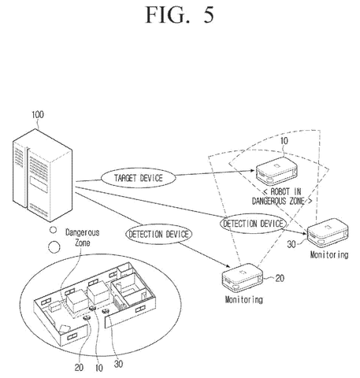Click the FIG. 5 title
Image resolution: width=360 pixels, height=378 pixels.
pyautogui.click(x=180, y=14)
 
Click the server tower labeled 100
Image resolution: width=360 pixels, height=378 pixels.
pyautogui.click(x=43, y=176)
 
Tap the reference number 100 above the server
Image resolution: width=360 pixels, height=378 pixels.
pyautogui.click(x=38, y=115)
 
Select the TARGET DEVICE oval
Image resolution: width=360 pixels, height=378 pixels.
pyautogui.click(x=139, y=178)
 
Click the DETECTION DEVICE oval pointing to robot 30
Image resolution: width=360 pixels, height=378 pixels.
pyautogui.click(x=253, y=224)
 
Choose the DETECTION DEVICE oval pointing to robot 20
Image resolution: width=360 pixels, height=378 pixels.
pyautogui.click(x=159, y=234)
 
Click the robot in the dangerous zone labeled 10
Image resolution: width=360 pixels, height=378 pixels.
pyautogui.click(x=276, y=170)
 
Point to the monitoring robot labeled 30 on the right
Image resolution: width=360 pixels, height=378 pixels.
pyautogui.click(x=328, y=232)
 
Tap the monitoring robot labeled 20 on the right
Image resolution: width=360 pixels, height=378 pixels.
pyautogui.click(x=243, y=277)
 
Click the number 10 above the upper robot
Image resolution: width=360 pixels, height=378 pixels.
pyautogui.click(x=284, y=141)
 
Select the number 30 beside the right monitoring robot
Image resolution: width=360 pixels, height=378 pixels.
pyautogui.click(x=291, y=244)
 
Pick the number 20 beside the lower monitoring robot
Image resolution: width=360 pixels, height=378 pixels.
pyautogui.click(x=280, y=278)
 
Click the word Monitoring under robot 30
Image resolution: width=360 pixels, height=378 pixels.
pyautogui.click(x=329, y=255)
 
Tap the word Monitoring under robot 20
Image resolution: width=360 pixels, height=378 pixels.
pyautogui.click(x=243, y=299)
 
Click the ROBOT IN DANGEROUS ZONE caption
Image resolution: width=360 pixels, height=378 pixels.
pyautogui.click(x=282, y=196)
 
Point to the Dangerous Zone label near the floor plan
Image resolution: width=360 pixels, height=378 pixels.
pyautogui.click(x=82, y=238)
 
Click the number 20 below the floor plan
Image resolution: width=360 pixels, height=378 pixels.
pyautogui.click(x=79, y=368)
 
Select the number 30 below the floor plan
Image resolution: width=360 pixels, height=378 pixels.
pyautogui.click(x=118, y=364)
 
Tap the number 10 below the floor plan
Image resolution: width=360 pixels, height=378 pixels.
pyautogui.click(x=99, y=368)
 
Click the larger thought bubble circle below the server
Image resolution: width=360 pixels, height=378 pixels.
pyautogui.click(x=54, y=247)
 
